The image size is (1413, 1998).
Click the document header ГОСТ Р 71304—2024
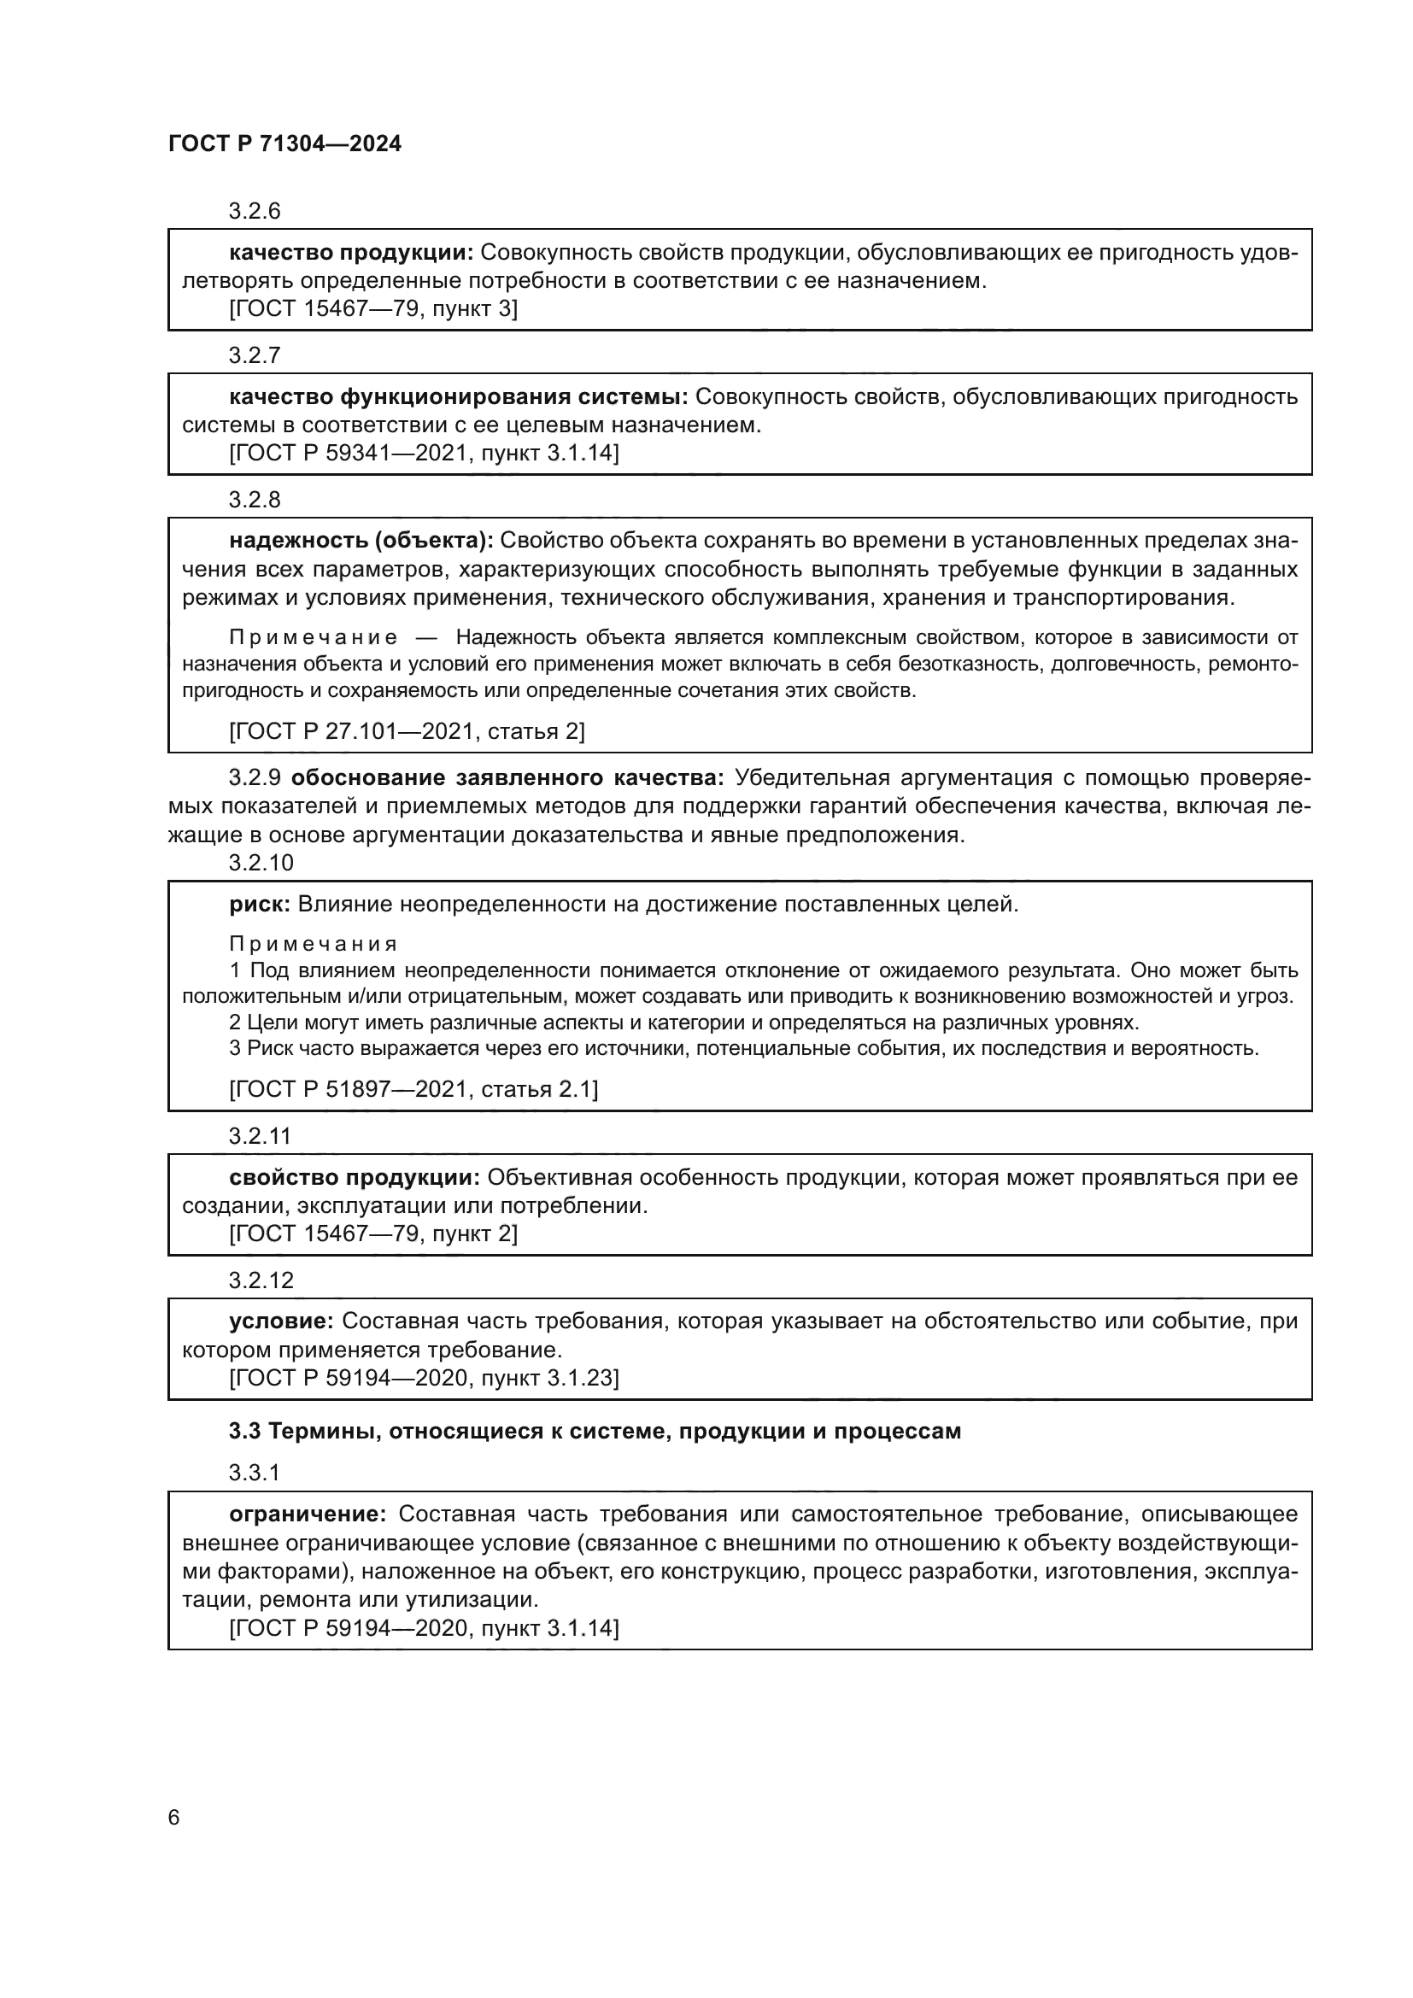pyautogui.click(x=284, y=144)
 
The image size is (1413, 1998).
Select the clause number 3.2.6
pyautogui.click(x=254, y=211)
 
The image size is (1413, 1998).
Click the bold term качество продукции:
pyautogui.click(x=350, y=252)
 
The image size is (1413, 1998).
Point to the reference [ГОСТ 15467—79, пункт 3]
pyautogui.click(x=372, y=309)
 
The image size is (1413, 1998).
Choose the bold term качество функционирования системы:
pyautogui.click(x=459, y=397)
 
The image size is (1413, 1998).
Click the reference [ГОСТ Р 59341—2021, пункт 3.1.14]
pyautogui.click(x=424, y=454)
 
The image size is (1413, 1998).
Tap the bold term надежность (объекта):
pyautogui.click(x=361, y=541)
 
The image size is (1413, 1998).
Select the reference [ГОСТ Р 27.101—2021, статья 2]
pyautogui.click(x=407, y=731)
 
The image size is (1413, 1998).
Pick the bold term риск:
pyautogui.click(x=260, y=904)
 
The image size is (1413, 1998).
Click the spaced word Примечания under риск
pyautogui.click(x=314, y=944)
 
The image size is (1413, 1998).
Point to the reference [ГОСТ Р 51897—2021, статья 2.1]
pyautogui.click(x=413, y=1089)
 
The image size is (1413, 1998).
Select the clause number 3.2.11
pyautogui.click(x=260, y=1135)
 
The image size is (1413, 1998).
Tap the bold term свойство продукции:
pyautogui.click(x=355, y=1177)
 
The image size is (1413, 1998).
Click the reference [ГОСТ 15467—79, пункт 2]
pyautogui.click(x=372, y=1234)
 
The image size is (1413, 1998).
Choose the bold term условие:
pyautogui.click(x=281, y=1321)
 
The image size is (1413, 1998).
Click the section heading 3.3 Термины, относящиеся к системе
pyautogui.click(x=595, y=1432)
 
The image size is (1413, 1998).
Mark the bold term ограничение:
pyautogui.click(x=308, y=1514)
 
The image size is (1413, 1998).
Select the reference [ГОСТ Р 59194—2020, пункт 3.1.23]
pyautogui.click(x=424, y=1378)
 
